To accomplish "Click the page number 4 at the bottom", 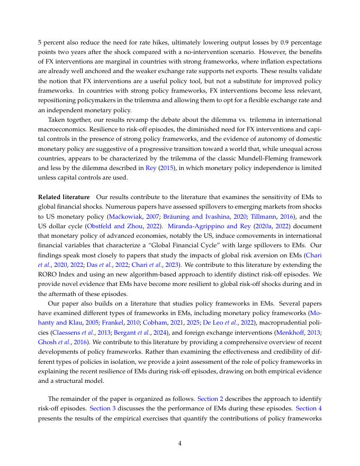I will pos(180,444).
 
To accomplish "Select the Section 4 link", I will pos(308,408).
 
